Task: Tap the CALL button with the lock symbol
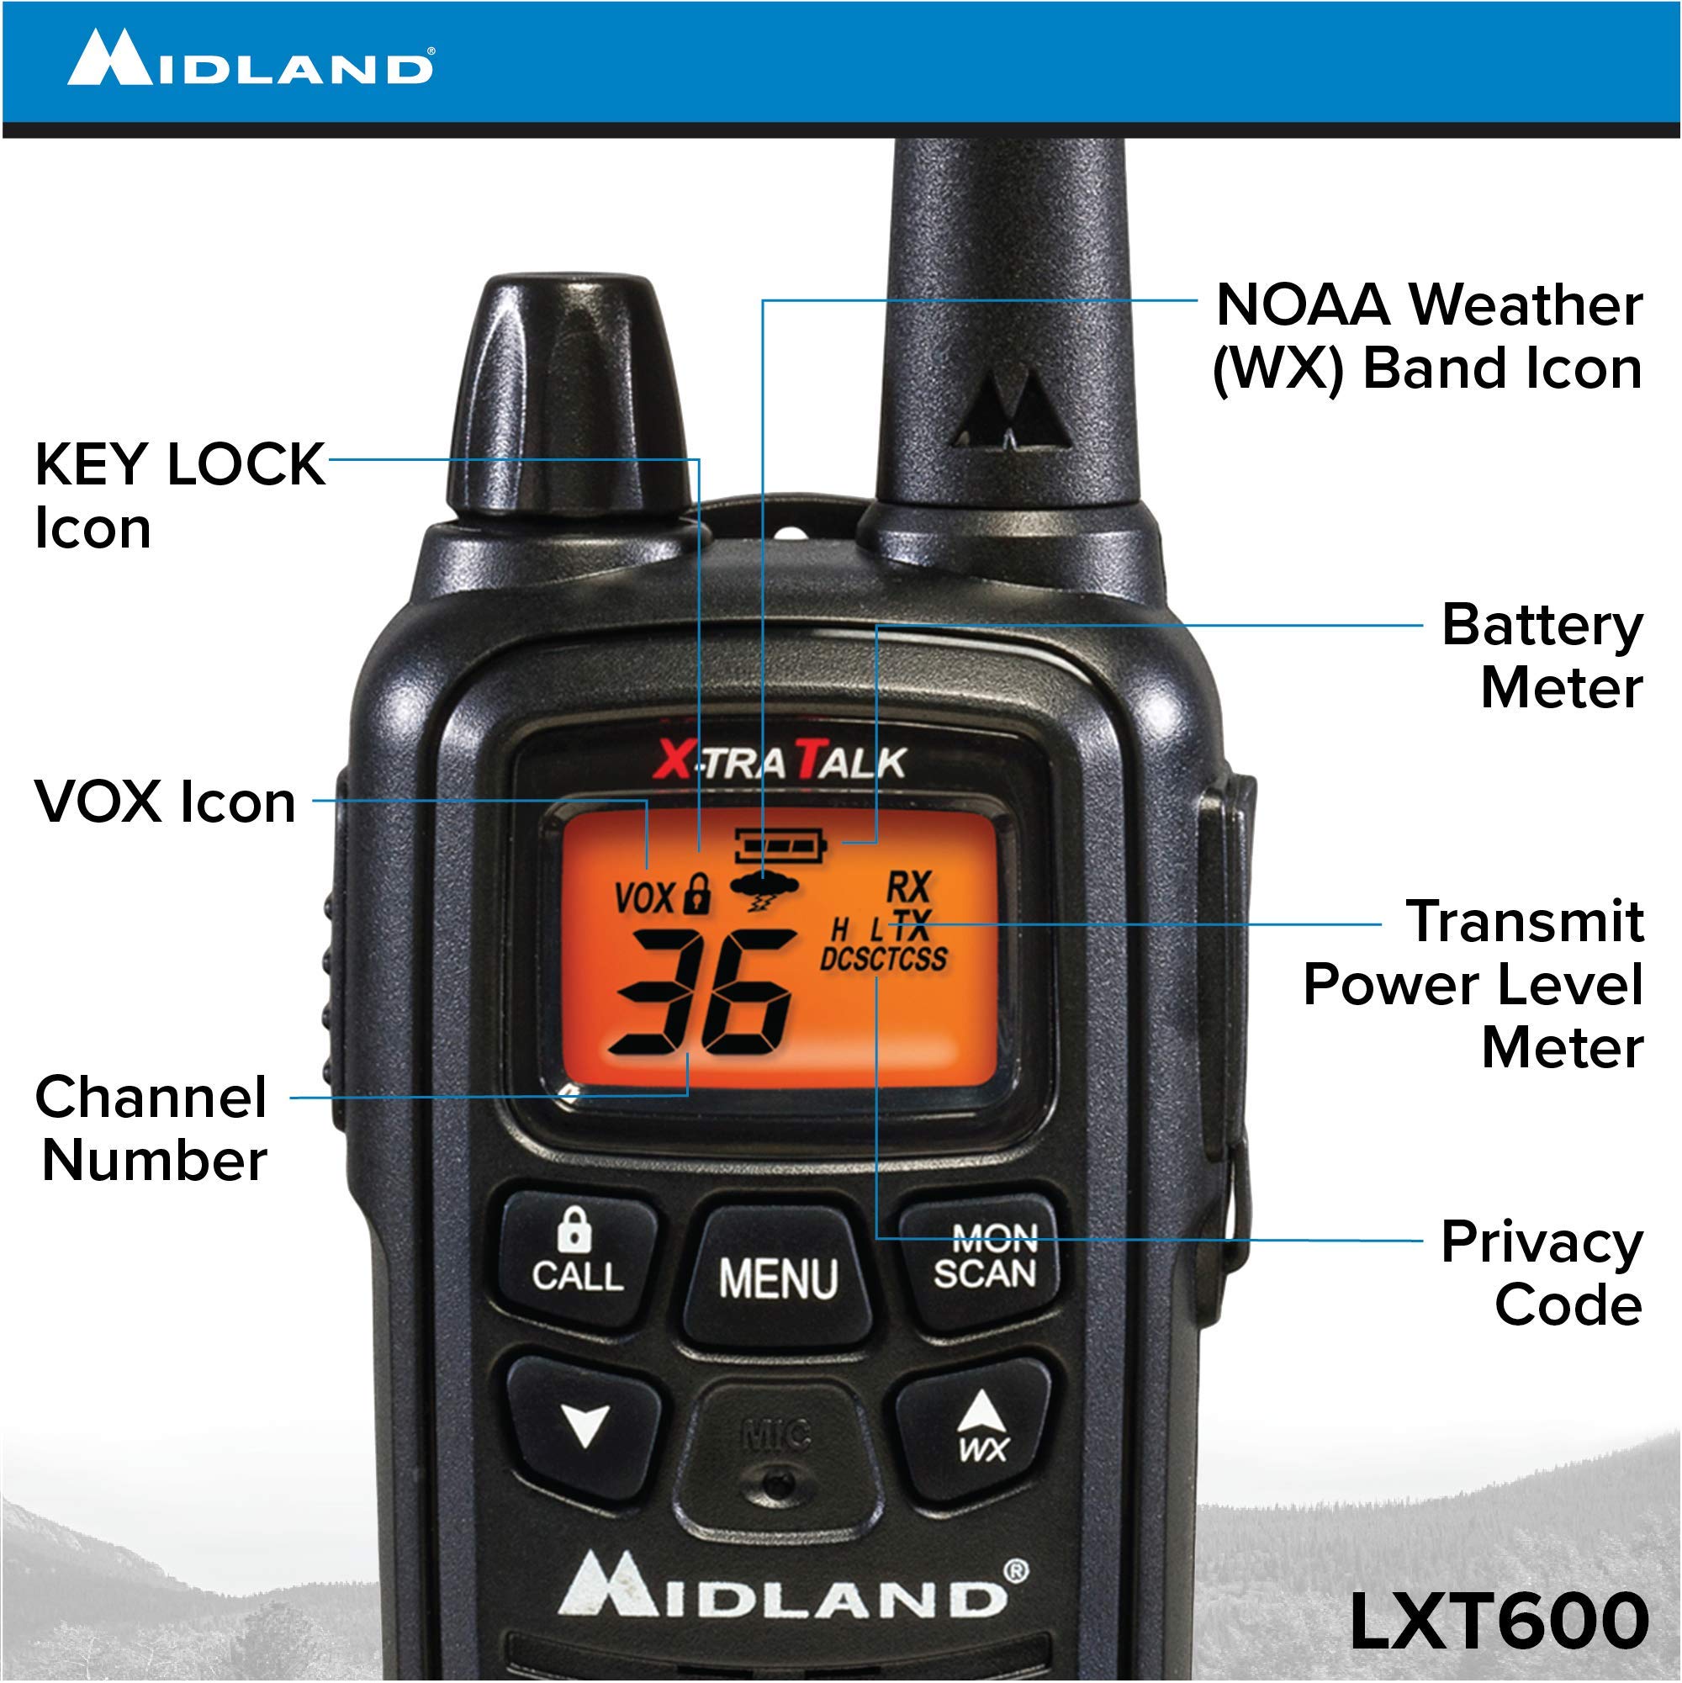pos(578,1257)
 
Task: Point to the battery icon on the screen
pos(780,844)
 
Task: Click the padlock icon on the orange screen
pos(696,894)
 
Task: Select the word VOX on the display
pos(644,898)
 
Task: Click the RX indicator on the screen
pos(908,887)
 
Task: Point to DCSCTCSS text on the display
pos(882,958)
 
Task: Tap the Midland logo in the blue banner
pos(251,59)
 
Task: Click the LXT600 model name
pos(1498,1621)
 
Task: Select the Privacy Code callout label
pos(1542,1273)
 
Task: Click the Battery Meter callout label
pos(1542,657)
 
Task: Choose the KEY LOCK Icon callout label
pos(178,495)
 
